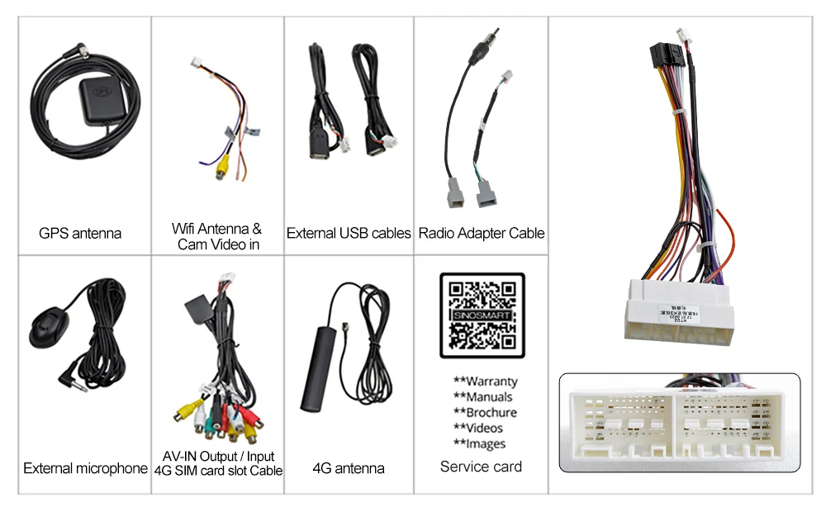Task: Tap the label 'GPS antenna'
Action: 80,234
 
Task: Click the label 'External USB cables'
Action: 349,234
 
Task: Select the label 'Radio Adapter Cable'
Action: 482,234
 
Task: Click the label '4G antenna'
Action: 349,468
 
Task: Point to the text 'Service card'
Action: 482,467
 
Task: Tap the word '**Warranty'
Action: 486,382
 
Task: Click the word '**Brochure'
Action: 486,413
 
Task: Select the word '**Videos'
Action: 478,428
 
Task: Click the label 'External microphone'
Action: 85,468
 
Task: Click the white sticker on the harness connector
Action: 679,312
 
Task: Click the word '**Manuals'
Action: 483,397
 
